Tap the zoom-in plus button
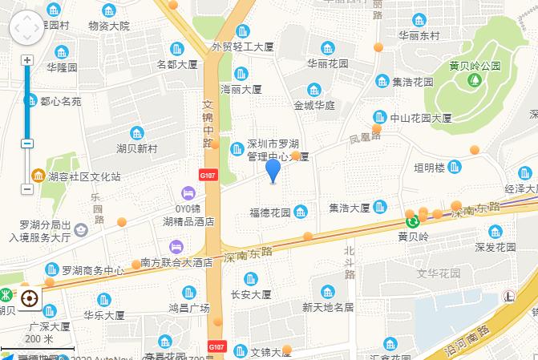pos(26,61)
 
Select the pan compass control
pos(27,30)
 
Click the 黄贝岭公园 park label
pos(475,65)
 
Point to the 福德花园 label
pos(270,212)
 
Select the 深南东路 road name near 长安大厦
pos(249,253)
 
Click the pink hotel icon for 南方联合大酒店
pos(176,246)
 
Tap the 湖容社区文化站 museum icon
pos(38,176)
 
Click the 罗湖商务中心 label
pos(93,269)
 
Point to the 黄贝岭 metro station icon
pos(412,220)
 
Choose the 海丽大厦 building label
pos(241,89)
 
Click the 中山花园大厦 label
pos(421,118)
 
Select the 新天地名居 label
pos(328,307)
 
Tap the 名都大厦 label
pos(177,64)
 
